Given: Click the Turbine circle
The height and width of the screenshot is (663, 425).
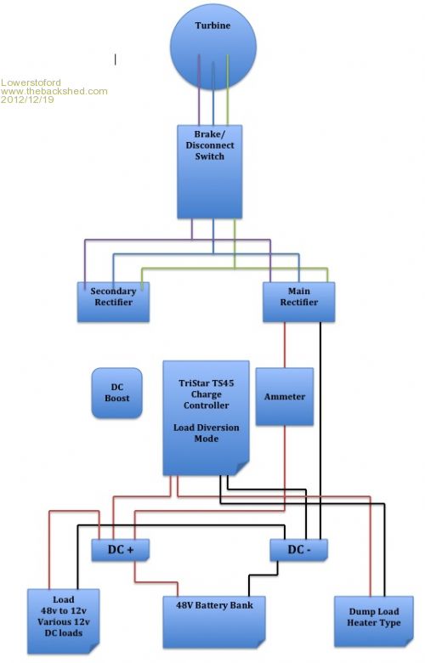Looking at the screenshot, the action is click(x=213, y=47).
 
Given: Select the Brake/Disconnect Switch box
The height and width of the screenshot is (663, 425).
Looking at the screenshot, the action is click(x=209, y=172).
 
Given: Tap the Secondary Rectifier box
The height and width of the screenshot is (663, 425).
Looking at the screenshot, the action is click(x=113, y=302).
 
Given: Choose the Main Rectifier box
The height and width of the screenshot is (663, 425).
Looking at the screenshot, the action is click(x=298, y=302).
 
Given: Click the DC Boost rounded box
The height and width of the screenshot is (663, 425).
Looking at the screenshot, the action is click(x=116, y=393).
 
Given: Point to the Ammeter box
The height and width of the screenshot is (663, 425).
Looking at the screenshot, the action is click(x=285, y=397).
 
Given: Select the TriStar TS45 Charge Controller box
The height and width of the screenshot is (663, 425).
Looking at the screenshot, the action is click(x=206, y=417).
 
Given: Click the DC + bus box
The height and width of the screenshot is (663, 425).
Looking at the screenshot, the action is click(x=121, y=550).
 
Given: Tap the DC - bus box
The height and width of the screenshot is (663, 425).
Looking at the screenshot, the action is click(x=299, y=550).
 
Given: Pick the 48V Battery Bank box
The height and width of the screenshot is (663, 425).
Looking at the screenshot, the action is click(x=214, y=621).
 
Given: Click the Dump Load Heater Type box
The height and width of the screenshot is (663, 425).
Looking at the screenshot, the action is click(x=374, y=621).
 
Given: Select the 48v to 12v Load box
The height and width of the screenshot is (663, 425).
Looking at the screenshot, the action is click(x=64, y=621).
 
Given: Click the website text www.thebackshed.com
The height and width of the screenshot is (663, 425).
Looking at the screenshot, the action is click(x=54, y=91).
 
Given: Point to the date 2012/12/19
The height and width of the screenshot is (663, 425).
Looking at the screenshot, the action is click(x=27, y=99).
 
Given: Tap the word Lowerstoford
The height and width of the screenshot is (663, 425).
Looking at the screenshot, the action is click(x=31, y=82).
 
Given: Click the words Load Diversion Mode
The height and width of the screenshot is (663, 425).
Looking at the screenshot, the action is click(x=207, y=433).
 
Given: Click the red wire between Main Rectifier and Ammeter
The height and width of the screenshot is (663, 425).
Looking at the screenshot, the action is click(x=285, y=345).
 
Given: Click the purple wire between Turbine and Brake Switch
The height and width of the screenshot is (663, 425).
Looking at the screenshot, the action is click(x=199, y=89).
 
